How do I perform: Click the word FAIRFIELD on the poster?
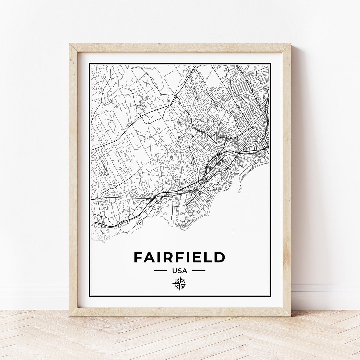click(x=179, y=257)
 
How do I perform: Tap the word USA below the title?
click(x=180, y=271)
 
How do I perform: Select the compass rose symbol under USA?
click(x=180, y=284)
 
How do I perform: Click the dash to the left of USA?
click(x=160, y=271)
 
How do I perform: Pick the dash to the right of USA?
click(x=199, y=271)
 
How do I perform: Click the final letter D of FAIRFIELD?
click(x=220, y=257)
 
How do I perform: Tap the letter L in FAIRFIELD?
click(x=209, y=257)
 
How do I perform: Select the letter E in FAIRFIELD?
click(x=199, y=257)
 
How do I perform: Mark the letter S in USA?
click(x=180, y=271)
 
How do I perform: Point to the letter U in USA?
click(x=175, y=271)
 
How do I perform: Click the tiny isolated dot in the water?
click(x=233, y=232)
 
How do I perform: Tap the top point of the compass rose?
click(x=180, y=276)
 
